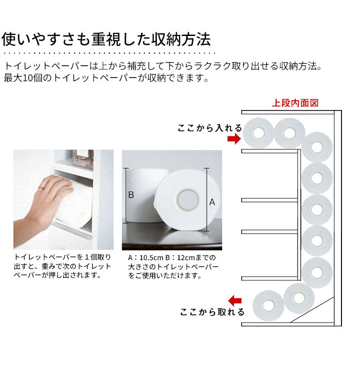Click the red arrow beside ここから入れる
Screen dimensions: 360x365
click(x=234, y=139)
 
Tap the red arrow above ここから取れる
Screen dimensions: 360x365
click(x=235, y=301)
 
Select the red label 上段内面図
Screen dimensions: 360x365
click(x=295, y=103)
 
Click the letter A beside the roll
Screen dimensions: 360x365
click(x=212, y=202)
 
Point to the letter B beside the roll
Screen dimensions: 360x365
click(x=131, y=195)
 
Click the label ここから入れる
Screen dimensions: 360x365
click(x=210, y=128)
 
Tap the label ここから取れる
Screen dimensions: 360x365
click(x=212, y=312)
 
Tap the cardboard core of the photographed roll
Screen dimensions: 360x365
click(x=188, y=200)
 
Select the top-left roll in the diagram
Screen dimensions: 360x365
click(x=258, y=133)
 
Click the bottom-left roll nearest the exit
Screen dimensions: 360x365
click(x=268, y=306)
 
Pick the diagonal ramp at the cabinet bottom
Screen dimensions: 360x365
click(x=312, y=310)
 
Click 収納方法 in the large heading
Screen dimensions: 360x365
click(x=181, y=39)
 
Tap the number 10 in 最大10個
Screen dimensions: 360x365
click(x=28, y=78)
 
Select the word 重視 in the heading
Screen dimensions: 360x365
click(x=106, y=39)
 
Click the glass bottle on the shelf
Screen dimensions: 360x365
click(x=82, y=158)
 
